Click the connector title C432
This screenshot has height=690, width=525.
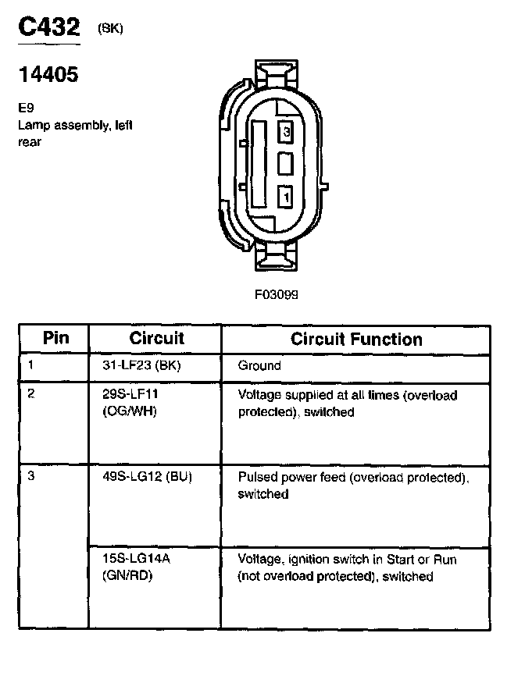click(48, 28)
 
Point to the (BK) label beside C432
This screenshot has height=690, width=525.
click(110, 29)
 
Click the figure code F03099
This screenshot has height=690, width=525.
click(276, 295)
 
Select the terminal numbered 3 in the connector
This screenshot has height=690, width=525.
click(286, 133)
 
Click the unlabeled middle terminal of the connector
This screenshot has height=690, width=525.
click(286, 165)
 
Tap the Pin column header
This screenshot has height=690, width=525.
click(55, 338)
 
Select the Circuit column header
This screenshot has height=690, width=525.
click(156, 338)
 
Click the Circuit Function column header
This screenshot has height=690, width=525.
click(356, 339)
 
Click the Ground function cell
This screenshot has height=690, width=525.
click(259, 365)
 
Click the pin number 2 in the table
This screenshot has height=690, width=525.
click(31, 393)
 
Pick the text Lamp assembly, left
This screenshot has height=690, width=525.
click(76, 125)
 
